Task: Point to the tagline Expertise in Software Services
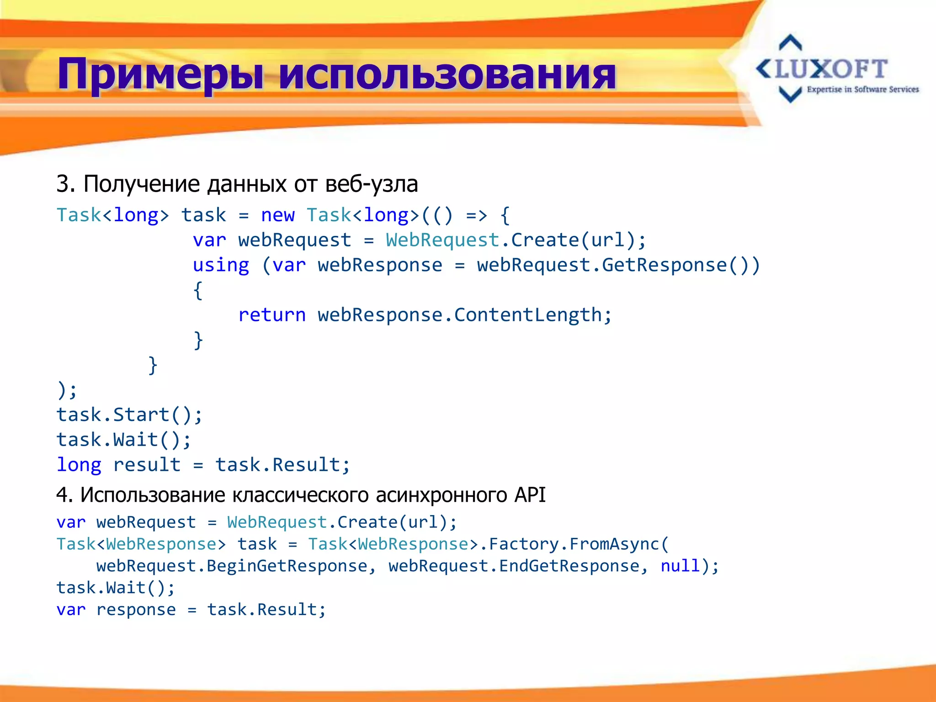[862, 90]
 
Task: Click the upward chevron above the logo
[790, 43]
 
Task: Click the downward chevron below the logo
[790, 94]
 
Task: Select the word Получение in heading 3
[142, 184]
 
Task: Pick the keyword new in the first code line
[277, 215]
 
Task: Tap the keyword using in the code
[221, 265]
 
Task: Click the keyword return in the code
[272, 315]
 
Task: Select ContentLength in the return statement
[528, 315]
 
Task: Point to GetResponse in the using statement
[664, 265]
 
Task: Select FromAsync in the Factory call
[614, 544]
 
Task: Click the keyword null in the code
[680, 566]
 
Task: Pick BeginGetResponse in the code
[287, 566]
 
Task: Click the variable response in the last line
[136, 610]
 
